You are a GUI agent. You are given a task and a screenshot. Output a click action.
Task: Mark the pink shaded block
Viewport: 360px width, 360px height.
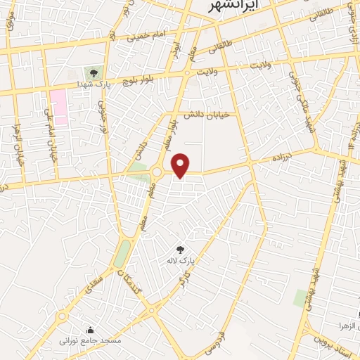click(x=58, y=107)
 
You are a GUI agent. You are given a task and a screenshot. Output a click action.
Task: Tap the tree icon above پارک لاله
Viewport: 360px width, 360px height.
click(x=180, y=249)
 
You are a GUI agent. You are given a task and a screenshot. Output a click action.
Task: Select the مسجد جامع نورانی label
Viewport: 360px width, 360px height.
click(x=90, y=341)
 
